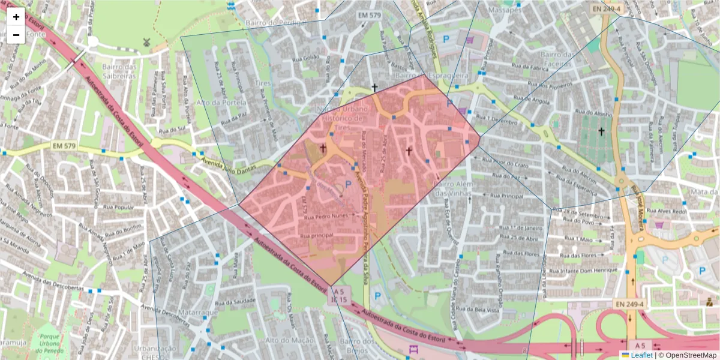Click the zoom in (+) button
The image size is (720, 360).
(x=16, y=17)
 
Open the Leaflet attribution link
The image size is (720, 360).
(x=643, y=355)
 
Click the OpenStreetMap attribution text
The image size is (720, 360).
(x=691, y=355)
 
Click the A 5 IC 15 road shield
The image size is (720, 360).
(x=339, y=295)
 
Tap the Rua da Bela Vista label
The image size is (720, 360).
(x=483, y=310)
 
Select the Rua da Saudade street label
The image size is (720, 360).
(x=240, y=301)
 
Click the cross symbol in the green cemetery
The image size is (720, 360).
(x=601, y=131)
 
